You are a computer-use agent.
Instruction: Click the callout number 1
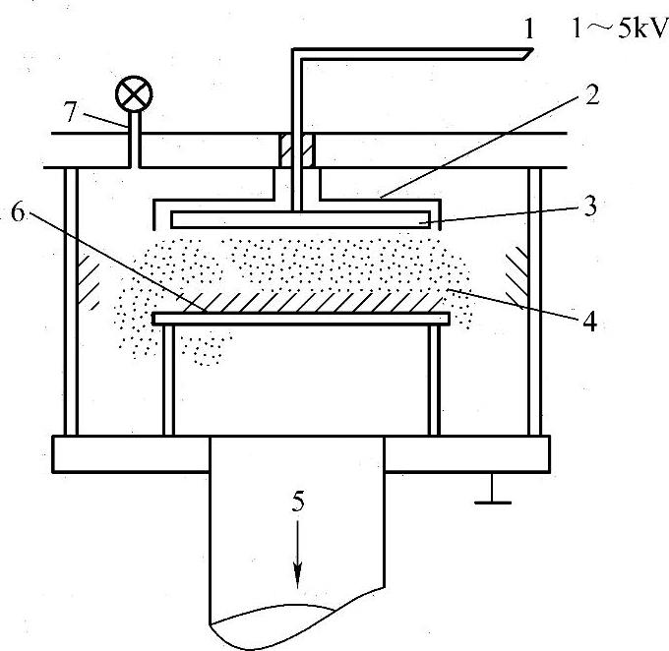pyautogui.click(x=529, y=30)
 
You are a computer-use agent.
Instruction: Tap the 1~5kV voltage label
pyautogui.click(x=611, y=30)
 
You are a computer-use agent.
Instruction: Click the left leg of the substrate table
pyautogui.click(x=169, y=379)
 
